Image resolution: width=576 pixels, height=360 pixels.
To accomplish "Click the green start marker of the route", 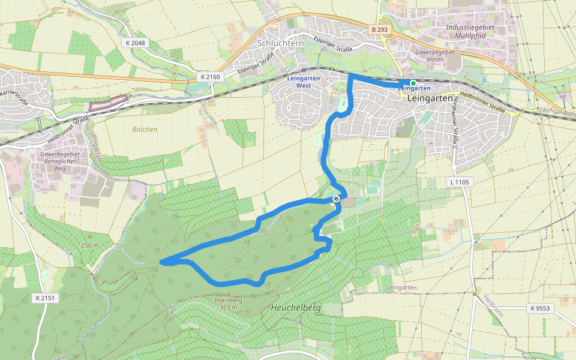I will coord(413,83).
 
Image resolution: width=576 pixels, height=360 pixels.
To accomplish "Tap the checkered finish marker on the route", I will coord(336,199).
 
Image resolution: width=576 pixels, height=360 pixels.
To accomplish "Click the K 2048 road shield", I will coord(136,43).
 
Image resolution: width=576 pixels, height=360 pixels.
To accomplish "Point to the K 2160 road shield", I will coord(211,77).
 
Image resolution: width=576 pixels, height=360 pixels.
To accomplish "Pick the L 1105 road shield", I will coord(461,182).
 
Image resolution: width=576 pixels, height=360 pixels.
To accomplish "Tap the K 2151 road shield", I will coord(46,298).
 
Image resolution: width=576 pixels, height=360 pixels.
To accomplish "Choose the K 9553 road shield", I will coord(540,308).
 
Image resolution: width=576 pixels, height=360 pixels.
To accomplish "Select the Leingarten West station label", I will coord(303,82).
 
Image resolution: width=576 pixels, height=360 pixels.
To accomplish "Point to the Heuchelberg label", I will coord(296,307).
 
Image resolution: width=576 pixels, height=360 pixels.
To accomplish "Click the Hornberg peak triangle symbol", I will coord(228,293).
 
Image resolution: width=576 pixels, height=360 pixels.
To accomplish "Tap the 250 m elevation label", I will coord(90,245).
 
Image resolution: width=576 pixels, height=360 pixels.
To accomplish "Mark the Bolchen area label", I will coord(145,129).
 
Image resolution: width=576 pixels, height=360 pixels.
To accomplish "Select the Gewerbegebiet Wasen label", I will coord(436,56).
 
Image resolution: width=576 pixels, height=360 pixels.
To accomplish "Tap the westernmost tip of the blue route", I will coord(161,262).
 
